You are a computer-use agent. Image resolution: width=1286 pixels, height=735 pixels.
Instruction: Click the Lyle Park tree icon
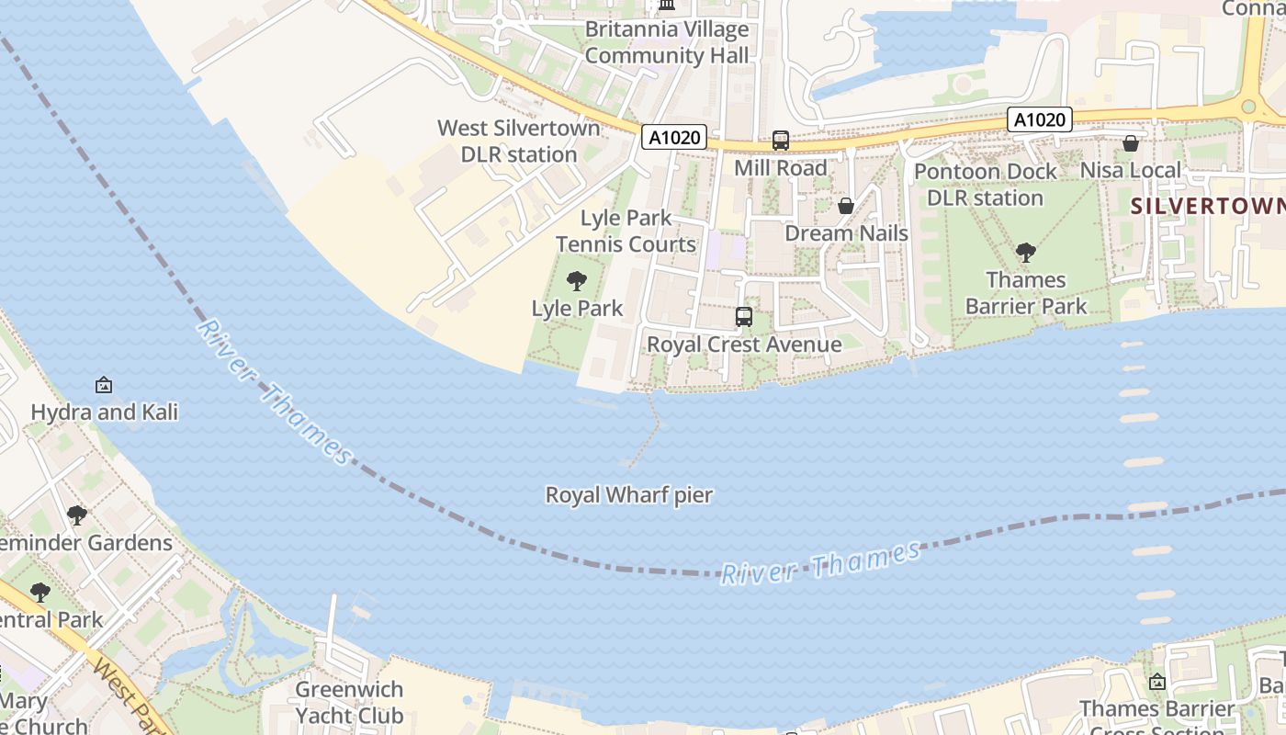tap(577, 281)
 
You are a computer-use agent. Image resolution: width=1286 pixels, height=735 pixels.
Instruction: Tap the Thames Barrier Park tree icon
tap(1025, 252)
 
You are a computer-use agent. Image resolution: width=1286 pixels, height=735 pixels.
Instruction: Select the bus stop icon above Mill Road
tap(780, 141)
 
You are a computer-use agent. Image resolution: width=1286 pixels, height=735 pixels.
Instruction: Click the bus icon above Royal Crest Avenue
tap(744, 317)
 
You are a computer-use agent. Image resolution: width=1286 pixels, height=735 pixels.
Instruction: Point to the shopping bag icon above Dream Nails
tap(846, 206)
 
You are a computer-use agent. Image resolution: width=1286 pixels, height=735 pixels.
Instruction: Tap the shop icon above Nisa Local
tap(1130, 143)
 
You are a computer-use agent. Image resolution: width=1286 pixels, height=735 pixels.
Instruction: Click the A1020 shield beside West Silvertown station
tap(674, 138)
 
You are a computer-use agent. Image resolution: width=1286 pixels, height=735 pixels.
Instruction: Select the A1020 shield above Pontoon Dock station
tap(1040, 119)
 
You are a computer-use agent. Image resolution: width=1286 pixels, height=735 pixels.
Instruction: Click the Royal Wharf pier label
tap(629, 495)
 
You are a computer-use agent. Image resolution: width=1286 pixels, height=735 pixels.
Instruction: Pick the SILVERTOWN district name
tap(1207, 206)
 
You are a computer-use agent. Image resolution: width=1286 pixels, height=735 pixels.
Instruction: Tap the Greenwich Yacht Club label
tap(349, 702)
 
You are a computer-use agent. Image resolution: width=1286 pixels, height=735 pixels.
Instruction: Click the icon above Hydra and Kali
tap(104, 385)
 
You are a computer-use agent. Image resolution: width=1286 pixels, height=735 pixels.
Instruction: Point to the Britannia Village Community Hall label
tap(667, 42)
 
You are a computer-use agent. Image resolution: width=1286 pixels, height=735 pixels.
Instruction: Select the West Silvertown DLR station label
tap(519, 141)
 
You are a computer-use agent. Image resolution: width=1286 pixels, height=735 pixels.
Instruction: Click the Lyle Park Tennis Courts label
tap(626, 232)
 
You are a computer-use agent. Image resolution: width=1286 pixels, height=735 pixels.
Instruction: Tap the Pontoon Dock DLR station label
tap(985, 185)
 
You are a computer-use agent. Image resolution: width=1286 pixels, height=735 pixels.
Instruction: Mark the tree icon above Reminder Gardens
tap(77, 515)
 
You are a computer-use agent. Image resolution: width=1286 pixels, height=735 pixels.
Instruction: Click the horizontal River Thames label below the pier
tap(819, 563)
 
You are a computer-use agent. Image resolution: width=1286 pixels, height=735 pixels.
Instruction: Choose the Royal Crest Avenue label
tap(744, 345)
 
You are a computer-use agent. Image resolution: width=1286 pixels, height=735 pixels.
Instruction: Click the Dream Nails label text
tap(846, 233)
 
